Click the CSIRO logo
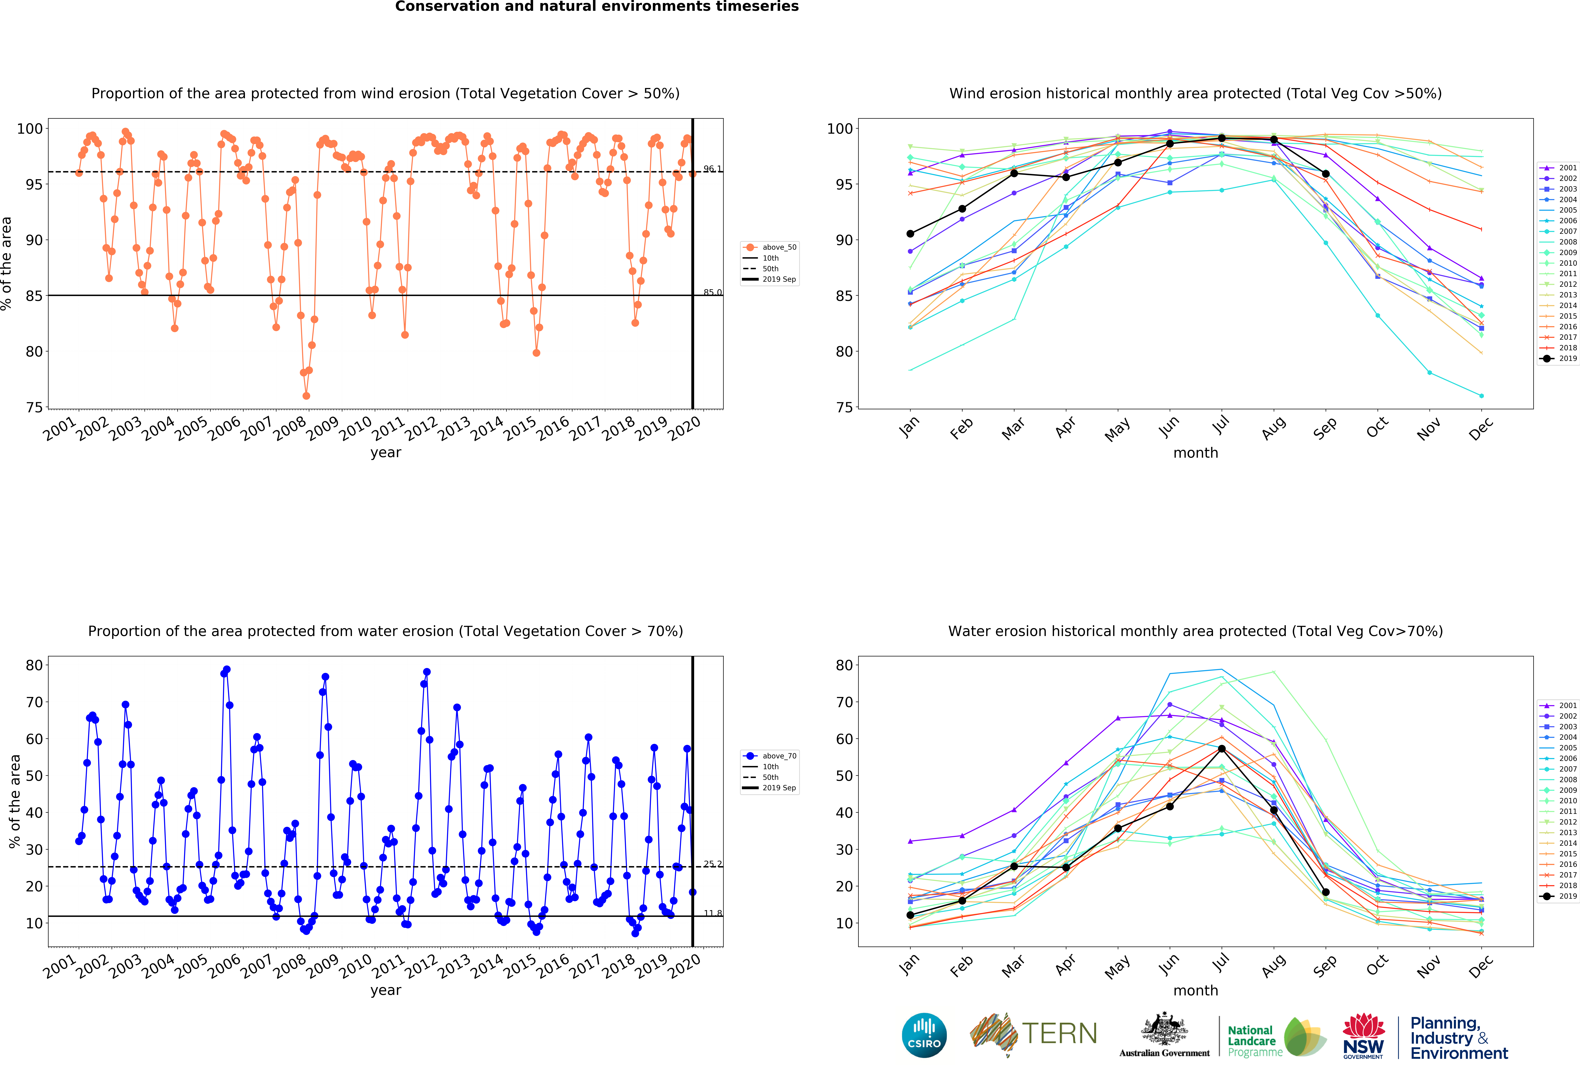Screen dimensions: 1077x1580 [924, 1035]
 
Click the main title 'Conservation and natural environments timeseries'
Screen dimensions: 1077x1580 [597, 7]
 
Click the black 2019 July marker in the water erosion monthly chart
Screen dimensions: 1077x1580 [1222, 749]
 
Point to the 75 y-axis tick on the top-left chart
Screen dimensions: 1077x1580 [34, 407]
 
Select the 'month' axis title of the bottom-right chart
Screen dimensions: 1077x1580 [1195, 990]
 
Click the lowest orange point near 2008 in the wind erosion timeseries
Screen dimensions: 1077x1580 [307, 396]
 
